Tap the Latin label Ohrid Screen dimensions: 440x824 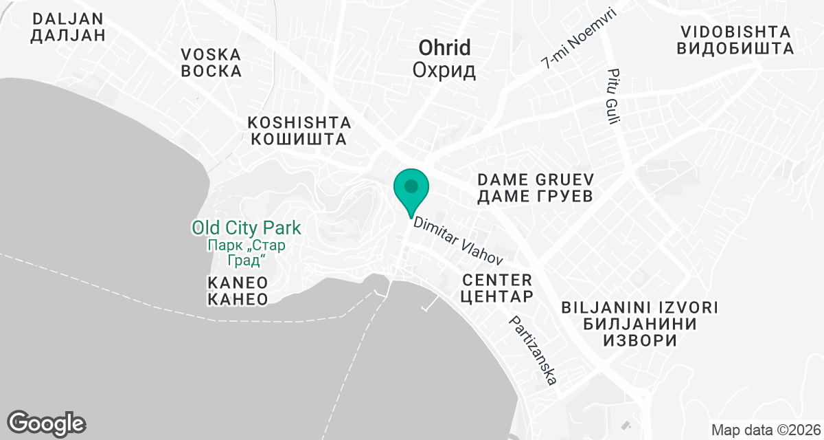point(444,48)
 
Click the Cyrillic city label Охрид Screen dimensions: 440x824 point(444,70)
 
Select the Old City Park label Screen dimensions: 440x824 point(247,228)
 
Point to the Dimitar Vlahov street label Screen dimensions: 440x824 point(457,242)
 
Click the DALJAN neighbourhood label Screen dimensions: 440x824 point(67,19)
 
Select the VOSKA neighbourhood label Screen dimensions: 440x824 point(211,54)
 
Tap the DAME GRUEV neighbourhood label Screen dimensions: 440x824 point(535,179)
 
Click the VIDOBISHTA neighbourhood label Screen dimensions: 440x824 point(735,32)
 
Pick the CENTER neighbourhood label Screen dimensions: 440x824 point(497,280)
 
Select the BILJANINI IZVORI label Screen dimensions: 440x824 point(639,307)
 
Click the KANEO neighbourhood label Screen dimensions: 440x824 point(237,282)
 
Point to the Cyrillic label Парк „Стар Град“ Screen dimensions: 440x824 point(247,252)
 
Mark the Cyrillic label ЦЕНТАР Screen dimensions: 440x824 point(497,297)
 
